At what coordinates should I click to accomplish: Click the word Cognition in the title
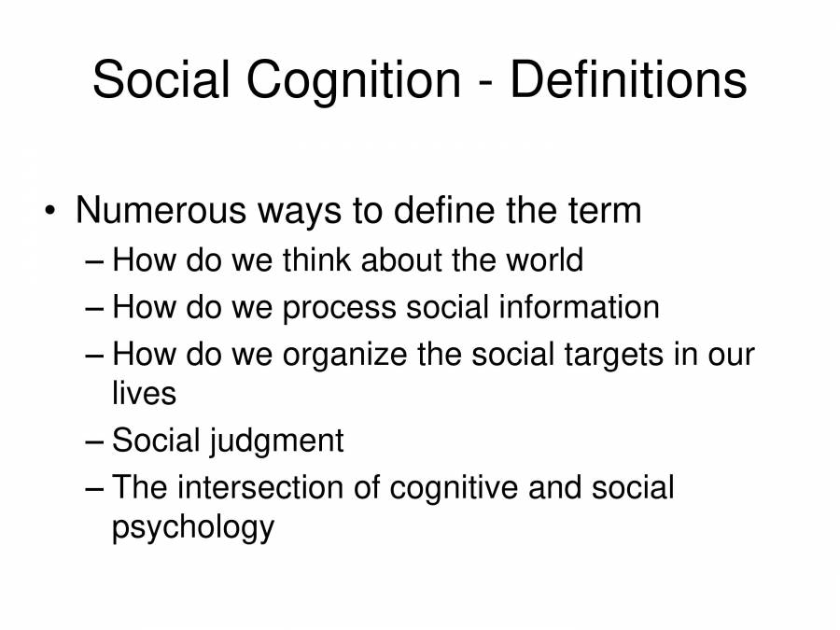pyautogui.click(x=354, y=80)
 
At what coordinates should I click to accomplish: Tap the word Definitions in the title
pyautogui.click(x=628, y=78)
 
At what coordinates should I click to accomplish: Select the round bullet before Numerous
pyautogui.click(x=49, y=210)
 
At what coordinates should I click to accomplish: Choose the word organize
pyautogui.click(x=344, y=356)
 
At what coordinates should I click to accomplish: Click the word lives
pyautogui.click(x=144, y=393)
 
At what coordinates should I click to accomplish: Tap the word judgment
pyautogui.click(x=276, y=441)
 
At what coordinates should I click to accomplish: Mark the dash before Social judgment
pyautogui.click(x=93, y=441)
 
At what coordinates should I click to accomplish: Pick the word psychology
pyautogui.click(x=193, y=527)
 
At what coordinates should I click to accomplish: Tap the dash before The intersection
pyautogui.click(x=93, y=488)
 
